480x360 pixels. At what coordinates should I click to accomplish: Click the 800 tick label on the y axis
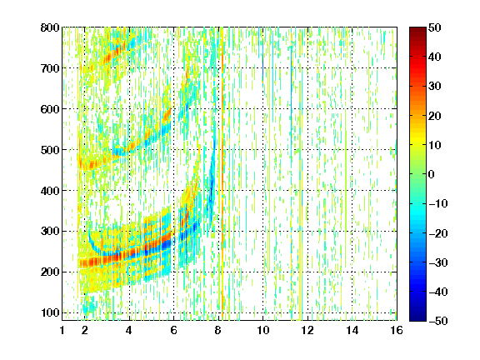(x=50, y=27)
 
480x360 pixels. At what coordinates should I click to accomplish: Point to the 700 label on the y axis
(x=50, y=68)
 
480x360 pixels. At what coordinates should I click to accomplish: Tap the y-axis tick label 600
(x=50, y=109)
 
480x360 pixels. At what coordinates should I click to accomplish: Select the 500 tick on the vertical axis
(x=50, y=150)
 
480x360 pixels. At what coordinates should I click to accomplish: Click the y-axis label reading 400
(x=50, y=191)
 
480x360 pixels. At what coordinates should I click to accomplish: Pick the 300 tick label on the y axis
(x=50, y=232)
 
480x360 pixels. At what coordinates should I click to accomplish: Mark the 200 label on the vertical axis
(x=50, y=272)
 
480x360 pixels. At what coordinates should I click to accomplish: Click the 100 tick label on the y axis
(x=50, y=312)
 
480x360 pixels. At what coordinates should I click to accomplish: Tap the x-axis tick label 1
(x=62, y=330)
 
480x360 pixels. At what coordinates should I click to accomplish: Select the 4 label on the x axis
(x=129, y=330)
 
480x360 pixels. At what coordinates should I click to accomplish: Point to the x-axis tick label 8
(x=218, y=330)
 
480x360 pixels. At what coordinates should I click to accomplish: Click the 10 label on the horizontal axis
(x=263, y=330)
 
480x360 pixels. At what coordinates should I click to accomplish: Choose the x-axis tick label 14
(x=352, y=330)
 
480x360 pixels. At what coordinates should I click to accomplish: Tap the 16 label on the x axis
(x=397, y=330)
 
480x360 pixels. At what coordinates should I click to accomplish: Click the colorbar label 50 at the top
(x=434, y=27)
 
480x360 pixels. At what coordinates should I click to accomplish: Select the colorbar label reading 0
(x=432, y=174)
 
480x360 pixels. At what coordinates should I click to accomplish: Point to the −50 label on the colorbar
(x=438, y=321)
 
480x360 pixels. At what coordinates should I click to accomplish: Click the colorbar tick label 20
(x=434, y=116)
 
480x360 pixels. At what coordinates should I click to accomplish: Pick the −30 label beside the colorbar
(x=438, y=262)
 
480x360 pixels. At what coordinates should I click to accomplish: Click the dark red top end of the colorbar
(x=417, y=29)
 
